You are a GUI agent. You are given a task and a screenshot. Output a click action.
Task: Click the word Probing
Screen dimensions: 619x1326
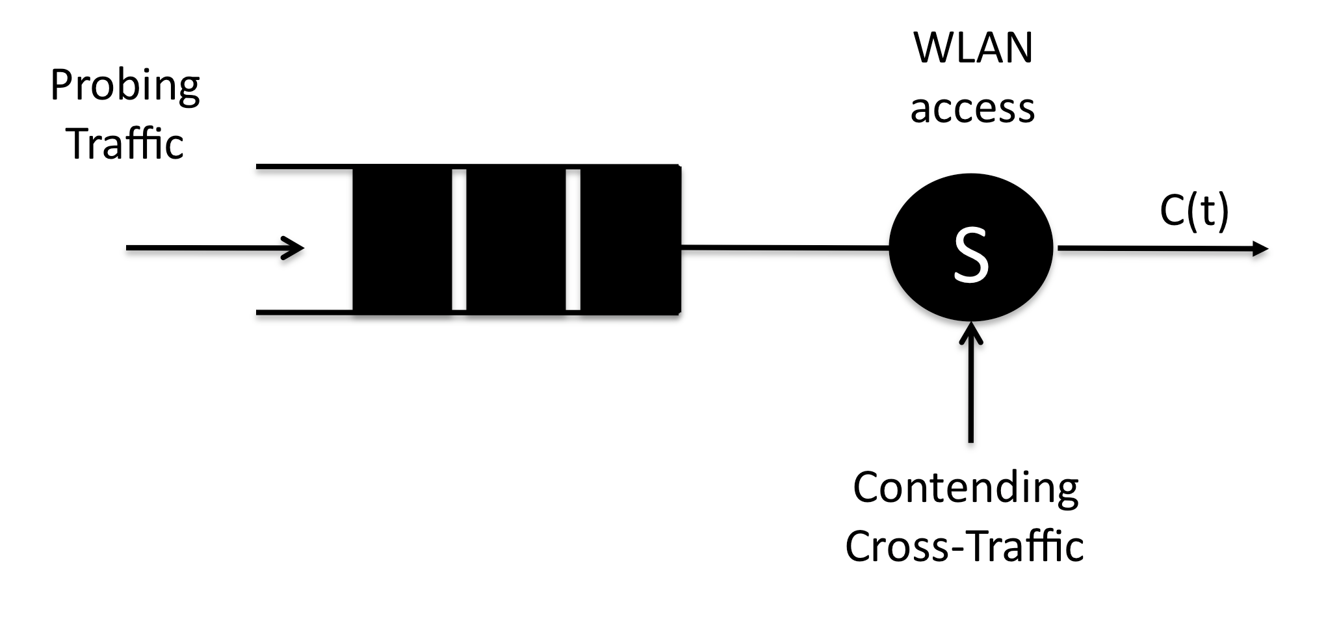point(125,86)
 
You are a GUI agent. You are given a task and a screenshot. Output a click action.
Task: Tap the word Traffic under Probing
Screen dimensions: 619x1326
point(125,144)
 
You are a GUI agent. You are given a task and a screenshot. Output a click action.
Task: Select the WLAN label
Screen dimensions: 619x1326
point(972,48)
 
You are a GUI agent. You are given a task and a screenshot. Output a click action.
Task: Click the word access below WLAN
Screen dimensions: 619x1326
point(972,109)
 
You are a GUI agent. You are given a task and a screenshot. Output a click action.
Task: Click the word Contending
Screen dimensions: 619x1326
point(965,488)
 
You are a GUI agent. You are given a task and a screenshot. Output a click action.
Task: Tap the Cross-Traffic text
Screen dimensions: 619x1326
point(964,546)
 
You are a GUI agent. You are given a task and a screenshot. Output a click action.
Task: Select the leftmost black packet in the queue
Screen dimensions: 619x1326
point(402,240)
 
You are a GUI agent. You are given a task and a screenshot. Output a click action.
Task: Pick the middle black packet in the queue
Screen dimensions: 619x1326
point(515,240)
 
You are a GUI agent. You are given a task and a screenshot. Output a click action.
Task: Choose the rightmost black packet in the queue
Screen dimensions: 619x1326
point(629,240)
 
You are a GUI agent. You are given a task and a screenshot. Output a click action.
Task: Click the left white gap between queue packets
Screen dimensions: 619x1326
point(459,240)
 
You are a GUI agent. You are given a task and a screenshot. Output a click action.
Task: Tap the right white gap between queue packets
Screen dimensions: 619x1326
point(573,240)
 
